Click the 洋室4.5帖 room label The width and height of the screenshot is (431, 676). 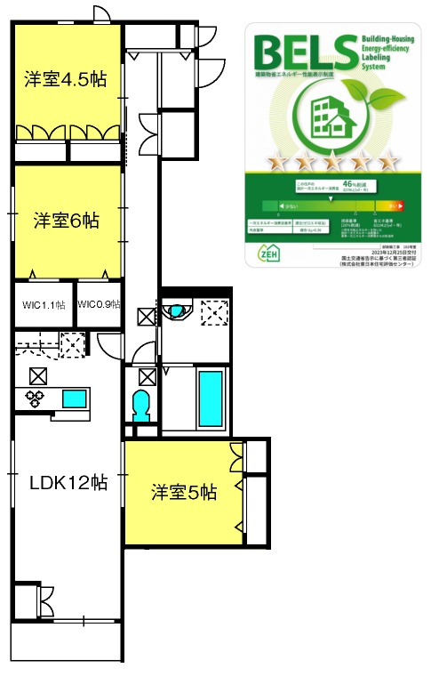[66, 79]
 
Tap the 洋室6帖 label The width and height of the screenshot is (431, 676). [67, 219]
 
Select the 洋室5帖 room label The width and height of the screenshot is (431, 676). [183, 492]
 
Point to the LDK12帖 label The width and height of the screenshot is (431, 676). [68, 482]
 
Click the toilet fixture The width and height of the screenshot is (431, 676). [141, 406]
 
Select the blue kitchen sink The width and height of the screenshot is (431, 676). [74, 398]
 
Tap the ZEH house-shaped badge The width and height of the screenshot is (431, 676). [267, 252]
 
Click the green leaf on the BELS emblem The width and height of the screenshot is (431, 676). [363, 93]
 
